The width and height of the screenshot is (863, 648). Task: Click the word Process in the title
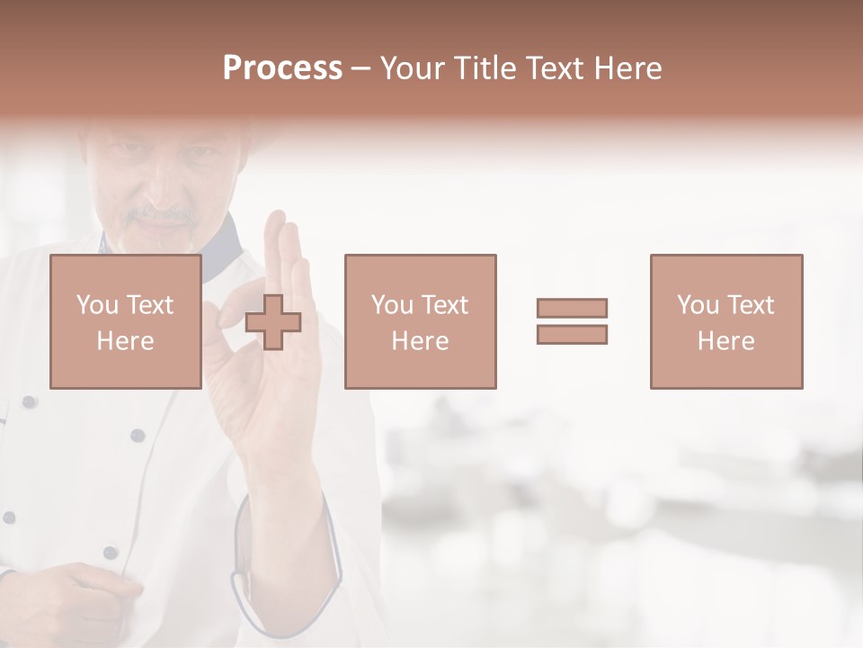coord(282,68)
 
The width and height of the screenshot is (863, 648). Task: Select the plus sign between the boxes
coord(273,322)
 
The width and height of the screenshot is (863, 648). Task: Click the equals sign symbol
coord(572,321)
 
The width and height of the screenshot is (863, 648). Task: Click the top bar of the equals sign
coord(572,308)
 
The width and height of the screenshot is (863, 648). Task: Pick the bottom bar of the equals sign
coord(572,335)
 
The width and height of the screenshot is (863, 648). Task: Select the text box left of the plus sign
coord(126,321)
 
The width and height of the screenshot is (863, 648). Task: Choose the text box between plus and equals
coord(420,321)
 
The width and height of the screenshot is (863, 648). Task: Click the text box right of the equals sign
coord(725,321)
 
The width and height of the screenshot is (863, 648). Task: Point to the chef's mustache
coord(160,216)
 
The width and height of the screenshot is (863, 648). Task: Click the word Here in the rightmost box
coord(725,340)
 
